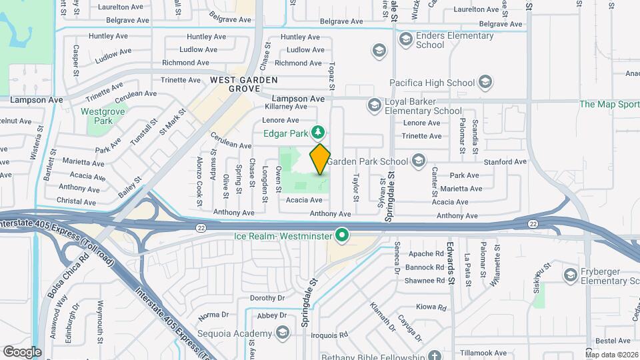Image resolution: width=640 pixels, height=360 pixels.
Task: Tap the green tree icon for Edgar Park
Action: [320, 132]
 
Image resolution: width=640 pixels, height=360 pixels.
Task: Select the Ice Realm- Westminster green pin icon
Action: [343, 235]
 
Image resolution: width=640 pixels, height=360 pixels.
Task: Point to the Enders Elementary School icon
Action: [405, 40]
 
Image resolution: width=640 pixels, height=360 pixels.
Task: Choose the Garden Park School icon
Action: [418, 161]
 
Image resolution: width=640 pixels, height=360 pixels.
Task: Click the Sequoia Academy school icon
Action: [283, 333]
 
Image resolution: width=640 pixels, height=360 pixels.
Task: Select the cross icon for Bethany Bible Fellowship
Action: [435, 355]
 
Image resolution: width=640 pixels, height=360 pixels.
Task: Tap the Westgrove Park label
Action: [103, 117]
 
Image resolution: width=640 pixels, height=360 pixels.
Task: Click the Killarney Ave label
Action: [286, 107]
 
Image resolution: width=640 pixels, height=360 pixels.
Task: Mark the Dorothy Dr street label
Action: [267, 298]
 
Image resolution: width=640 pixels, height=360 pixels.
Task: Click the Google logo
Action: [23, 352]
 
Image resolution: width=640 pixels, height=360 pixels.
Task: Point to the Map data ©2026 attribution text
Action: [612, 355]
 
